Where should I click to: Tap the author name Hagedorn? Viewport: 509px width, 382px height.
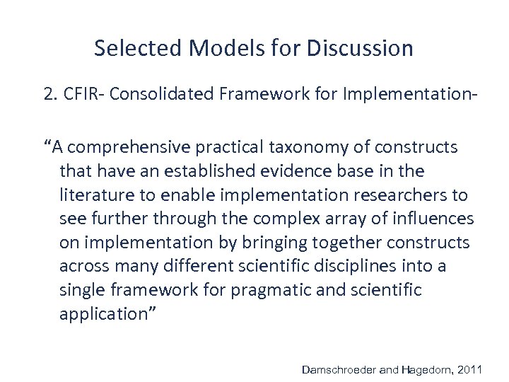click(x=427, y=369)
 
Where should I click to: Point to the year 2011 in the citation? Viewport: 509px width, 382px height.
click(x=470, y=369)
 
